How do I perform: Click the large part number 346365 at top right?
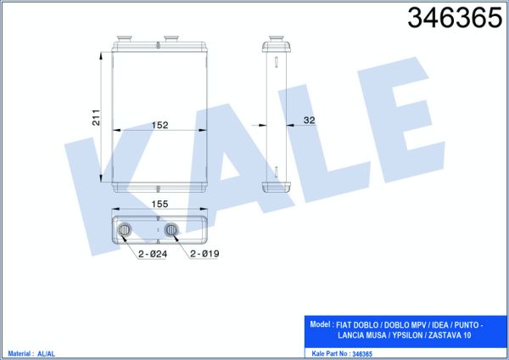click(x=455, y=18)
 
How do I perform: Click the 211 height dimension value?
click(x=97, y=118)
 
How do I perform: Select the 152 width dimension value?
click(x=159, y=125)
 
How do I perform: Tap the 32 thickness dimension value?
click(x=309, y=121)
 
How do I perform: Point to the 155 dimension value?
click(x=159, y=204)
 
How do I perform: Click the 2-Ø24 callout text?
click(x=153, y=254)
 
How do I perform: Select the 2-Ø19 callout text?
click(x=204, y=253)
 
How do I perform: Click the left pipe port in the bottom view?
click(x=125, y=230)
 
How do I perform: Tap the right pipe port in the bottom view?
click(x=171, y=230)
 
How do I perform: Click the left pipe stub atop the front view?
click(x=125, y=39)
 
